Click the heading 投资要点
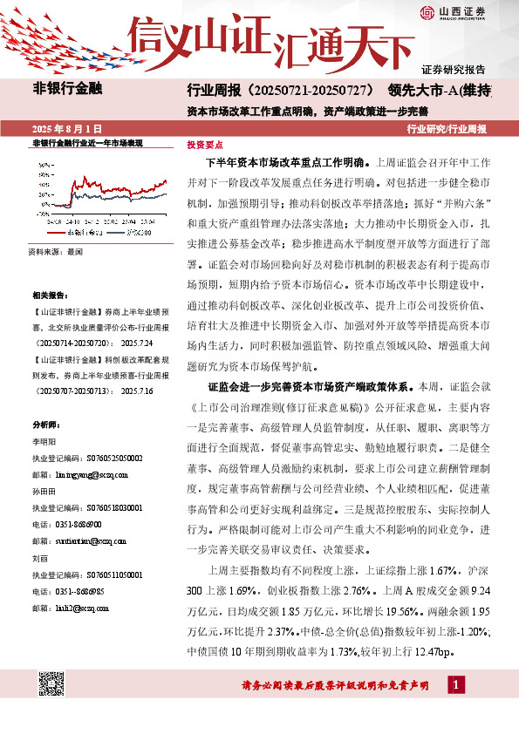pyautogui.click(x=205, y=146)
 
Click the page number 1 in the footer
pyautogui.click(x=456, y=686)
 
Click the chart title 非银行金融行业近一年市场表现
pyautogui.click(x=86, y=143)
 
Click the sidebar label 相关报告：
pyautogui.click(x=48, y=296)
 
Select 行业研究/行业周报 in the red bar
pyautogui.click(x=447, y=128)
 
